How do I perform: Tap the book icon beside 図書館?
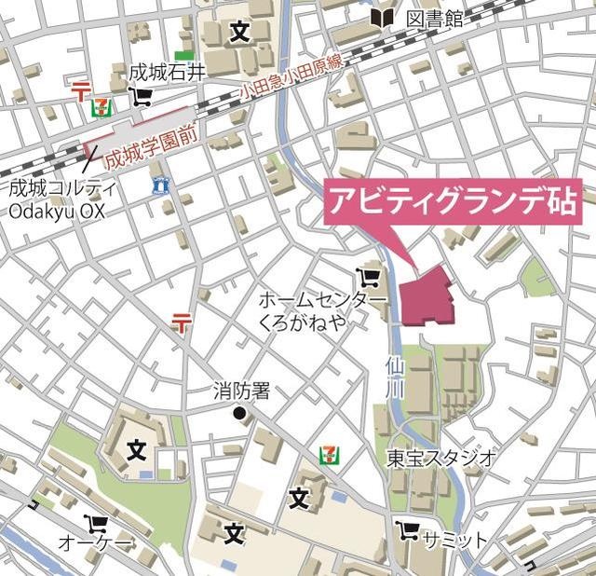pyautogui.click(x=382, y=17)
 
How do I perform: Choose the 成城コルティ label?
pyautogui.click(x=62, y=188)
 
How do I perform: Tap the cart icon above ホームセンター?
pyautogui.click(x=368, y=277)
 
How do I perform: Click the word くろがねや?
pyautogui.click(x=304, y=322)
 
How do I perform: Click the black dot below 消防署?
pyautogui.click(x=239, y=413)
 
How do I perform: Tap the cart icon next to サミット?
pyautogui.click(x=406, y=531)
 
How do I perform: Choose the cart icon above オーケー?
pyautogui.click(x=95, y=523)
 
